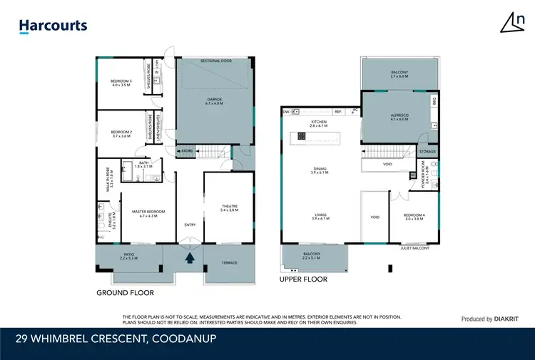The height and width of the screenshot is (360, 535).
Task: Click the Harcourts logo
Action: (x=53, y=26)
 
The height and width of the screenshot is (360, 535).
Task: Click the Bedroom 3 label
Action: (x=121, y=83)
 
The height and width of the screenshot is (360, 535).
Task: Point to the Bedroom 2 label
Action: (x=121, y=133)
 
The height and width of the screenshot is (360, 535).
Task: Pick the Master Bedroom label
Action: (x=148, y=213)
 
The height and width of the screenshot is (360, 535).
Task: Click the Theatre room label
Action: (x=228, y=208)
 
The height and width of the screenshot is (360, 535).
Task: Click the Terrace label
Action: (x=229, y=263)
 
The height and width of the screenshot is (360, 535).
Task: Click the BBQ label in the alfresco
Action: (x=434, y=102)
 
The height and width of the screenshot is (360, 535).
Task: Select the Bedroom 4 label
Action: (x=414, y=217)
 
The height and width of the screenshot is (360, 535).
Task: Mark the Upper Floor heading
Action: (x=303, y=280)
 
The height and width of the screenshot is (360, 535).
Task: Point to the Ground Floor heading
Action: (x=125, y=293)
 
